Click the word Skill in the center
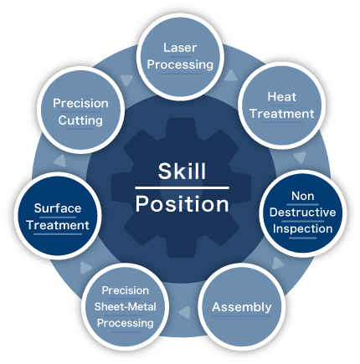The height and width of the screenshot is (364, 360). point(182,171)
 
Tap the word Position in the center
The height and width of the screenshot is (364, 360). point(183,204)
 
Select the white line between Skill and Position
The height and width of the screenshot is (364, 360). point(182,188)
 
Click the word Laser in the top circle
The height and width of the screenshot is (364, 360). point(180,48)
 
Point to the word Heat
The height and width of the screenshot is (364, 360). point(282,97)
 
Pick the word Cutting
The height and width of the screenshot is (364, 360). point(80,120)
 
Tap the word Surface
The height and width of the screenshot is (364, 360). point(58,208)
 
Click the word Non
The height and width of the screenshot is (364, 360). point(303,196)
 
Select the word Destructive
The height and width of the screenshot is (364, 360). point(303,213)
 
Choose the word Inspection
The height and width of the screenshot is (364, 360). point(303,228)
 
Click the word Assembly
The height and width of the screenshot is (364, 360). point(242,307)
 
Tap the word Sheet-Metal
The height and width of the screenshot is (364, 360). point(126,307)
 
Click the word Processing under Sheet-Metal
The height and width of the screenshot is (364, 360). point(126,323)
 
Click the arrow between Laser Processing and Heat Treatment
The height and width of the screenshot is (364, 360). point(231,75)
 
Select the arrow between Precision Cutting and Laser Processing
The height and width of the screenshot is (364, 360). point(126,80)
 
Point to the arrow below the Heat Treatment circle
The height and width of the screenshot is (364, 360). point(300,157)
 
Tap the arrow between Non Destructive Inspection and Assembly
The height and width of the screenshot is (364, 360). point(277,264)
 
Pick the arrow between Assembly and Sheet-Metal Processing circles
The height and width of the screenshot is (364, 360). point(185,312)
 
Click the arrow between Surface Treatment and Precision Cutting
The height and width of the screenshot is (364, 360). point(60,161)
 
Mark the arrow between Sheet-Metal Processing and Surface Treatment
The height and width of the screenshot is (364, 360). point(85,268)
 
